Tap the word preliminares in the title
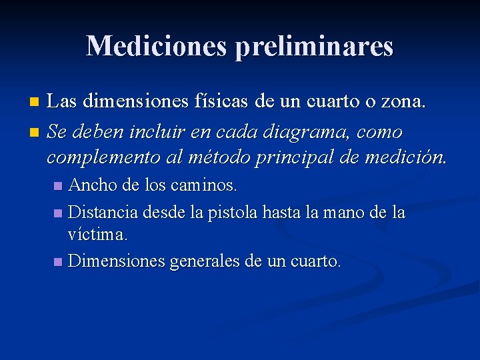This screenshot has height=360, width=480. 313,47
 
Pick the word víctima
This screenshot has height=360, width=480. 98,234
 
